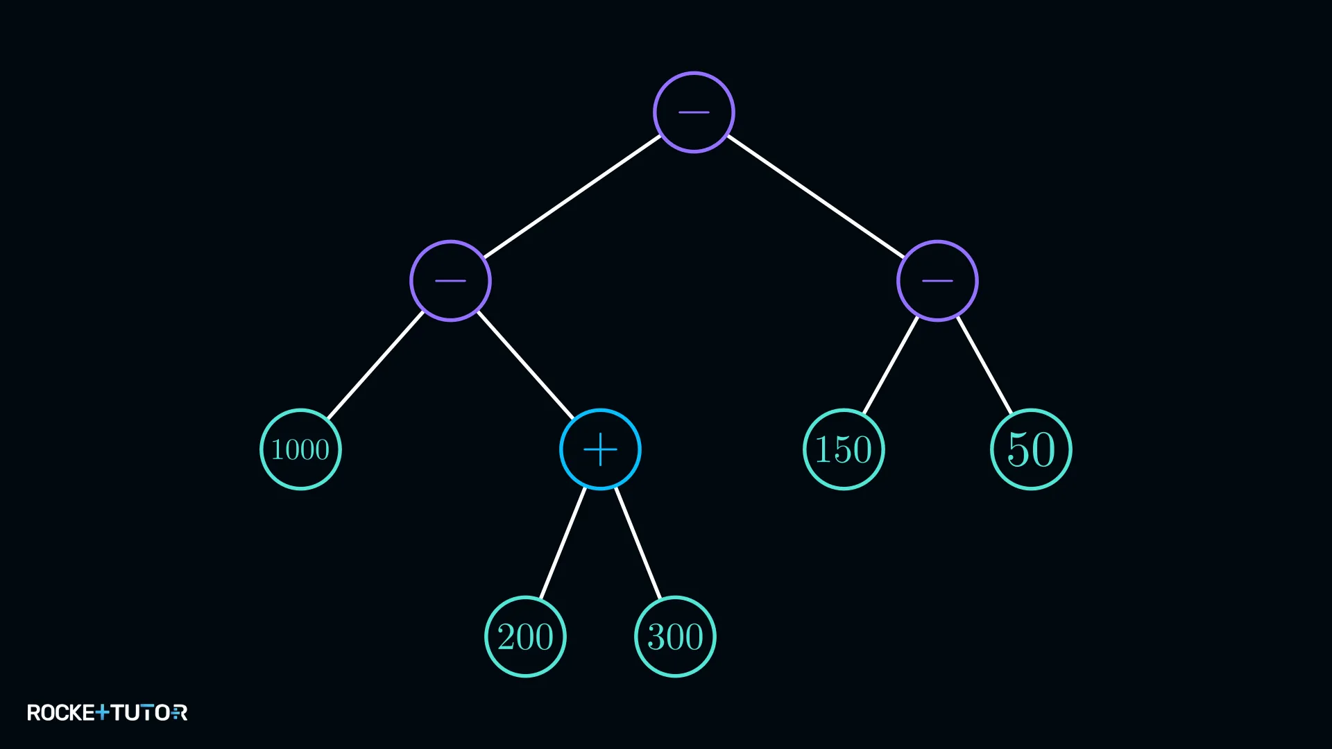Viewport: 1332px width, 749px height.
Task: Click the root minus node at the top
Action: (x=694, y=112)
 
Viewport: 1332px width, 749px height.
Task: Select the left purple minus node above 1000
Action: (x=450, y=281)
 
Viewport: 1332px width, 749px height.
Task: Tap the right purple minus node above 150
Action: (x=937, y=281)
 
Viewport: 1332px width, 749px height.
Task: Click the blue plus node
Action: (x=600, y=449)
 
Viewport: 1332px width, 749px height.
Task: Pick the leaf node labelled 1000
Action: (x=300, y=449)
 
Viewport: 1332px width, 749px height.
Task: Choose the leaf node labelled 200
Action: (x=525, y=637)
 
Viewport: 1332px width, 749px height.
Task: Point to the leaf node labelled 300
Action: (x=675, y=637)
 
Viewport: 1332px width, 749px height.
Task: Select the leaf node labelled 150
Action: (x=844, y=449)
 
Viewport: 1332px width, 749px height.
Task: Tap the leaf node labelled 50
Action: (x=1031, y=449)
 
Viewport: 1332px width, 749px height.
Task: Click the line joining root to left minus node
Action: (x=572, y=196)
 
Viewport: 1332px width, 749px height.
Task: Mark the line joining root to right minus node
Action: (x=816, y=196)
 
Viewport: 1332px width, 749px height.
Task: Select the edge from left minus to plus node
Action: (x=525, y=365)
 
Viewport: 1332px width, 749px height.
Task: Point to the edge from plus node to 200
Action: (x=563, y=543)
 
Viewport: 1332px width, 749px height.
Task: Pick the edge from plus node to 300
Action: (x=638, y=543)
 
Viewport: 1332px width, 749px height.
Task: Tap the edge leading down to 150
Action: (x=891, y=365)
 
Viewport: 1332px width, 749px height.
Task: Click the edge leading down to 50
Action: (x=984, y=365)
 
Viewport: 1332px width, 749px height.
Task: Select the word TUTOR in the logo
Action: (x=149, y=713)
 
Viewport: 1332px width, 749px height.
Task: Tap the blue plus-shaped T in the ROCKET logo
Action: (x=102, y=713)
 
